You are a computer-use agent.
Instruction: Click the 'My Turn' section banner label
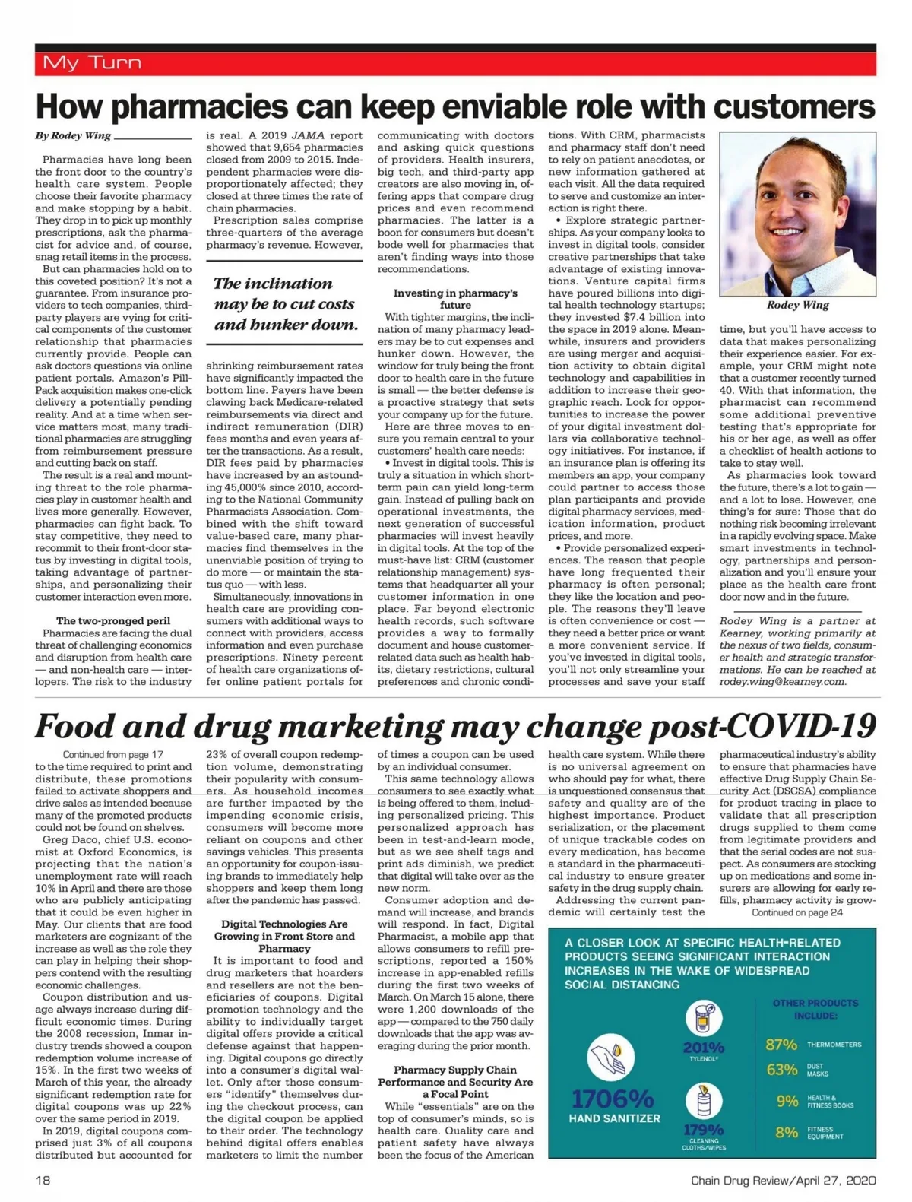92,62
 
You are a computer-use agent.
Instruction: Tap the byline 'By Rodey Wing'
73,135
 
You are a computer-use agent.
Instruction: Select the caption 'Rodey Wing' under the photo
798,305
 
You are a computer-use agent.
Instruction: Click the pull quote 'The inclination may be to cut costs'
284,304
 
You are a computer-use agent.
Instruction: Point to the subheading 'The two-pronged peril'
113,621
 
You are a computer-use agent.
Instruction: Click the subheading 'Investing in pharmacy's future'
455,299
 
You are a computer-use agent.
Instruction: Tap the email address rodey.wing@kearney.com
782,681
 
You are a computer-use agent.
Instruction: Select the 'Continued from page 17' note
113,754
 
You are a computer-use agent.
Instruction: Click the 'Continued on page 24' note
797,912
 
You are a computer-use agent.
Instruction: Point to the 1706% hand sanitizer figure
613,1099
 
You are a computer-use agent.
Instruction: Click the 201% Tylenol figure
703,1048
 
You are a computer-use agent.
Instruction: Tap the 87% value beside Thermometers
781,1045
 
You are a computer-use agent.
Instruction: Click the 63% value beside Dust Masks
781,1070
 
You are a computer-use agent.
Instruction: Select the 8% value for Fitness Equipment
786,1133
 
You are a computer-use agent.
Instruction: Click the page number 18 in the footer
43,1181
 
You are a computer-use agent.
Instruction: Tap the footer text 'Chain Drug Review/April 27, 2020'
783,1181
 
